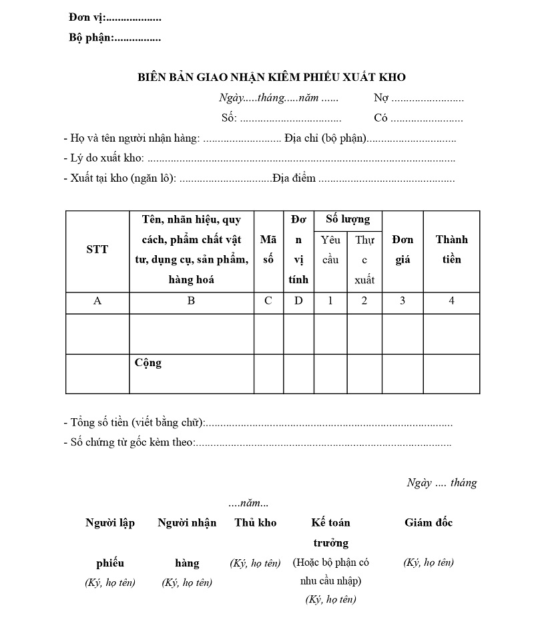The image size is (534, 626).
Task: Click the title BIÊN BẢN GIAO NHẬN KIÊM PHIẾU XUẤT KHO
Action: (272, 77)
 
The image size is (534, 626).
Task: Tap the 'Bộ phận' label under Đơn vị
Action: (91, 37)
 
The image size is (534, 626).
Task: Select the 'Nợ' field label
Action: (381, 98)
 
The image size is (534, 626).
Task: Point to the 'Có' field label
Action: (381, 118)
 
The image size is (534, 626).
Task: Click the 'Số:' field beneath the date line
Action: (229, 118)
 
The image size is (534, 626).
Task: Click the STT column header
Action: (97, 250)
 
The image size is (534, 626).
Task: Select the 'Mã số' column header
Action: (268, 250)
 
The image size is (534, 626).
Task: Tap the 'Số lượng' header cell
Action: (348, 219)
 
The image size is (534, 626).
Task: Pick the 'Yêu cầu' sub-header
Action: (330, 250)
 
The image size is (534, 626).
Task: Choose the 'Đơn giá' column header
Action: (403, 250)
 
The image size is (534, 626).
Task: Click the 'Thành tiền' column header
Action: (451, 250)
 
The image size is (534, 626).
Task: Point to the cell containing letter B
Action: (191, 301)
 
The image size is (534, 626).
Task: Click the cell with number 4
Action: (451, 301)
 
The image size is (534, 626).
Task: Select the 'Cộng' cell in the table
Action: (148, 363)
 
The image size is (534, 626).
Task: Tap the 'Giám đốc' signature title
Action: (429, 522)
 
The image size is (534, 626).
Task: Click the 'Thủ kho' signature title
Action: (255, 522)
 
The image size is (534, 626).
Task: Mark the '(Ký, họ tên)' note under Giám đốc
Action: (429, 563)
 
